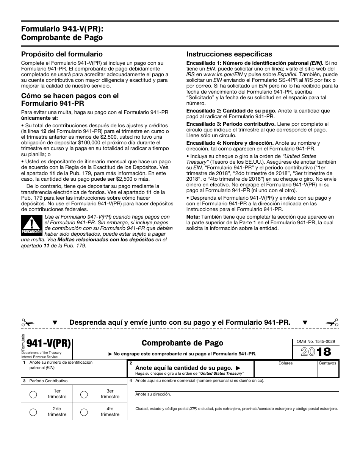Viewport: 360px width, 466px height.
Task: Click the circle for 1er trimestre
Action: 33,394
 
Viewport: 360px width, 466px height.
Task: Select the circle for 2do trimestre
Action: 33,412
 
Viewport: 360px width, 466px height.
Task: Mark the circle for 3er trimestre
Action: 84,394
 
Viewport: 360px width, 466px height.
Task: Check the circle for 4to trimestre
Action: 84,412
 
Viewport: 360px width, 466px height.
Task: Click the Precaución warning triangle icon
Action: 31,225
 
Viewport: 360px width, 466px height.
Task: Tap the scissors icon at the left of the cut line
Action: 28,323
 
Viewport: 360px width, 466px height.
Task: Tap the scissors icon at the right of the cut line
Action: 332,323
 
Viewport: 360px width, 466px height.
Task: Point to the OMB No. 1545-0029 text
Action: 313,341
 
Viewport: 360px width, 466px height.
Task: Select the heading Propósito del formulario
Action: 62,54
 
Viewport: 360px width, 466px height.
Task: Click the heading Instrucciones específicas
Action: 229,54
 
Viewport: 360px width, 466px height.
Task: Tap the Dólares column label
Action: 285,363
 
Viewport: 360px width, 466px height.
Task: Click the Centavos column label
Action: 327,363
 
